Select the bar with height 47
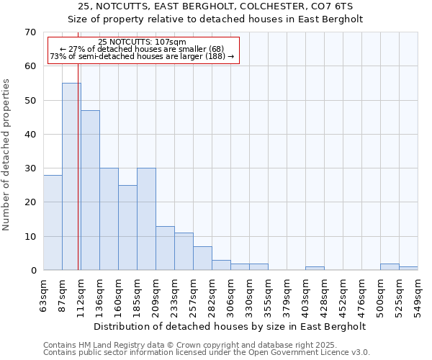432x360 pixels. click(90, 190)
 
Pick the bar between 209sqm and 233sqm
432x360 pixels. click(165, 248)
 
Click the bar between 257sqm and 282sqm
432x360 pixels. click(202, 258)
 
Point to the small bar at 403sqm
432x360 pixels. click(315, 269)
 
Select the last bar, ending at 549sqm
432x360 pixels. click(408, 269)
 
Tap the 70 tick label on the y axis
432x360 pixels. click(30, 32)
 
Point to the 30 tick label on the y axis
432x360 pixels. click(30, 168)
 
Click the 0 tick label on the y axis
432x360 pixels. click(32, 271)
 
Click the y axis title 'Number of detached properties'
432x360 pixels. click(6, 154)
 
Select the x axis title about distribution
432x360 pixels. click(230, 326)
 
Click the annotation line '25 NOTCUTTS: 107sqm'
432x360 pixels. click(142, 42)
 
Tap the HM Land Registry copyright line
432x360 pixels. click(185, 346)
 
